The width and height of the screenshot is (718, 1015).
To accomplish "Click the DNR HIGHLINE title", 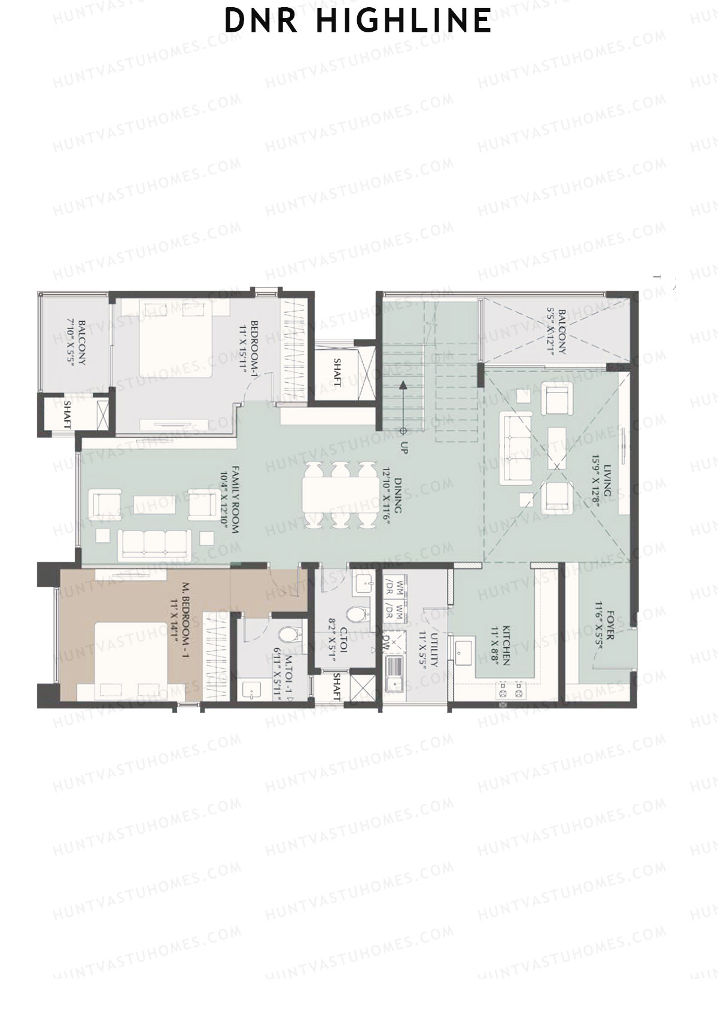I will pyautogui.click(x=358, y=21).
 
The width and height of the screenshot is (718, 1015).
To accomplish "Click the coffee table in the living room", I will pyautogui.click(x=556, y=447).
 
